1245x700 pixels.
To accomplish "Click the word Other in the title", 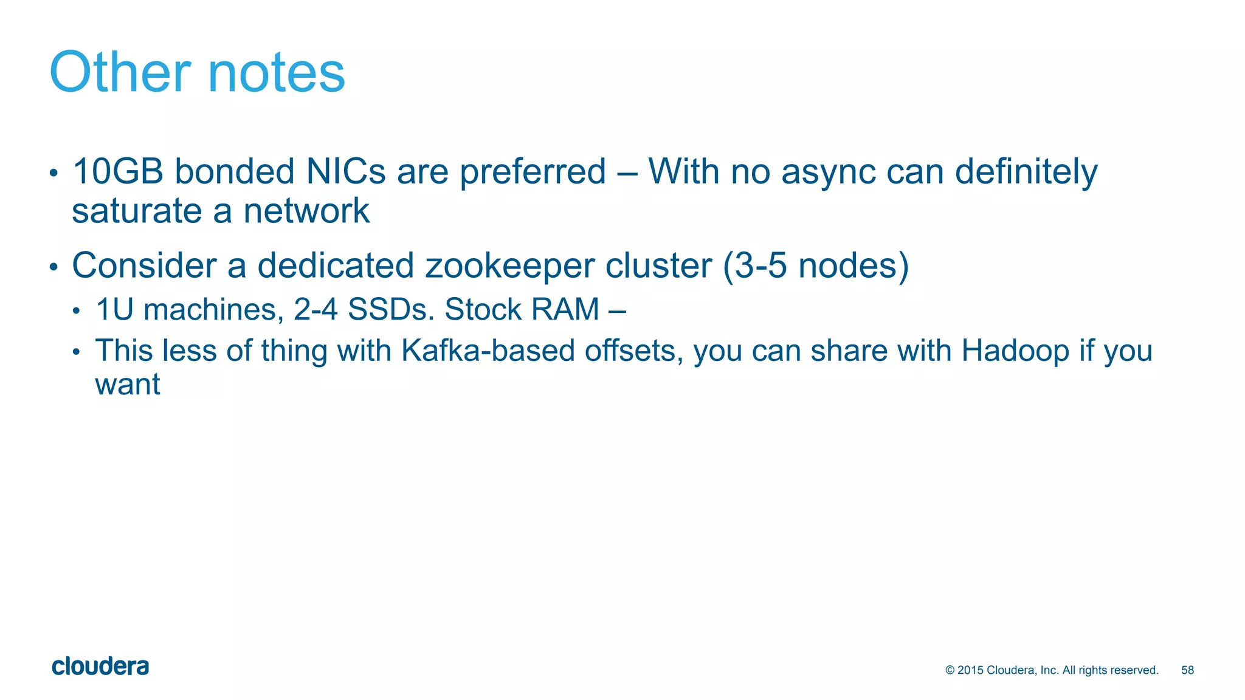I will pos(120,72).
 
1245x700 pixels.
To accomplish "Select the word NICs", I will pos(346,171).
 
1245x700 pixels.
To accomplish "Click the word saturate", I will pos(137,211).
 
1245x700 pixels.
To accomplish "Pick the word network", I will pos(306,211).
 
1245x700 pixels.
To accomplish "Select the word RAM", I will pos(565,309).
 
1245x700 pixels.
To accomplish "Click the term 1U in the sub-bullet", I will pos(114,309).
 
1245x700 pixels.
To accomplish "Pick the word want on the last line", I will pos(128,385).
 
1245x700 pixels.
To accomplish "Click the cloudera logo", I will pos(100,667).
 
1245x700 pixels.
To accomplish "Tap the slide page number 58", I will pos(1187,670).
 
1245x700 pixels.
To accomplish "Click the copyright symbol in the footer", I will pos(950,670).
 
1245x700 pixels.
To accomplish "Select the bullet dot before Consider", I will pos(53,267).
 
